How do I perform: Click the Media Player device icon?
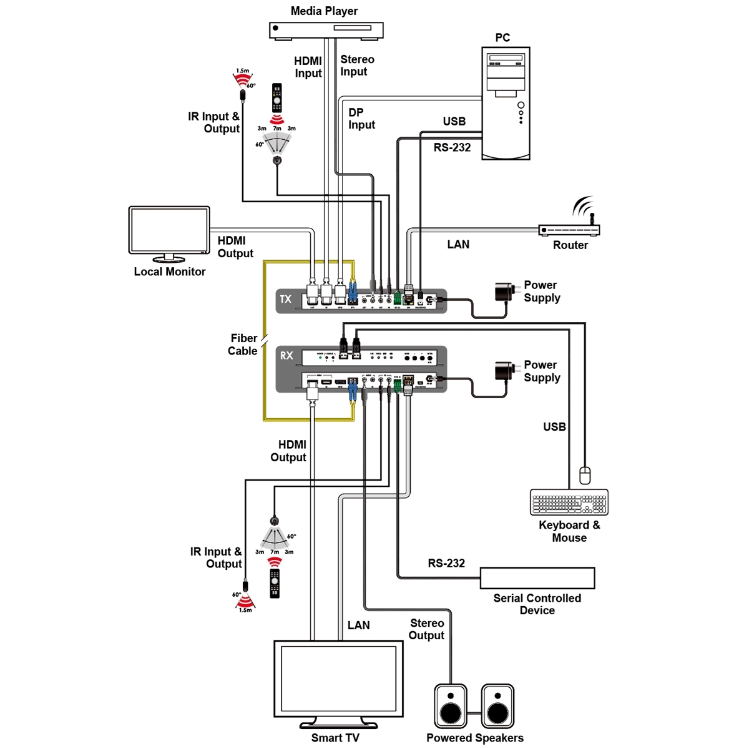click(326, 30)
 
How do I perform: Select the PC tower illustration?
click(506, 104)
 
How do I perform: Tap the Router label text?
click(570, 245)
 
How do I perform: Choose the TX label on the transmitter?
click(286, 299)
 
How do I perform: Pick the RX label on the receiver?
click(286, 356)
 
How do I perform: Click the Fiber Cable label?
click(243, 345)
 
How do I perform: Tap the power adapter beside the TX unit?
click(504, 291)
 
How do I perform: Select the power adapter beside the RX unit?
click(504, 371)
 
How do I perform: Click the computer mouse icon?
click(585, 475)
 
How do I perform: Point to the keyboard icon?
click(569, 502)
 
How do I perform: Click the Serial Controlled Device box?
click(537, 579)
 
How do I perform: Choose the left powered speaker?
click(451, 706)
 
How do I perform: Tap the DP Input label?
click(361, 119)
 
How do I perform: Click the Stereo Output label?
click(427, 629)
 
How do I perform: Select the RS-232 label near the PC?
click(452, 148)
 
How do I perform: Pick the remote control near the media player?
click(277, 98)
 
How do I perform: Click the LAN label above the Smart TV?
click(359, 625)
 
